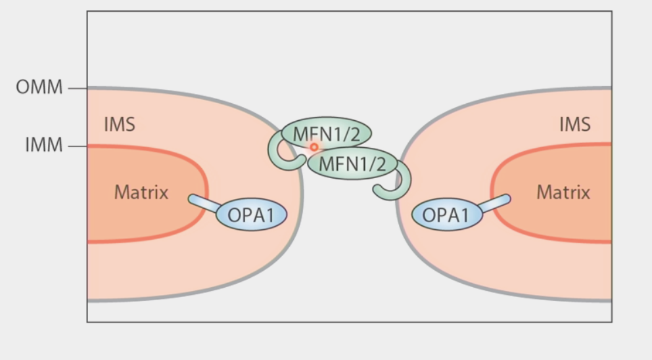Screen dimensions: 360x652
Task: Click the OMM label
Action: tap(39, 87)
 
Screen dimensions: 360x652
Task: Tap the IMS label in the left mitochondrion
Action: tap(120, 124)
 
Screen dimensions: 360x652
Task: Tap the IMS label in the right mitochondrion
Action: tap(574, 124)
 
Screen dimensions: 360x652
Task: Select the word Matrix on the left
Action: tap(141, 192)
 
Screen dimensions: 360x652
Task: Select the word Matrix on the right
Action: tap(563, 192)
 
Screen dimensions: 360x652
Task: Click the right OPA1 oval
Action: tap(448, 215)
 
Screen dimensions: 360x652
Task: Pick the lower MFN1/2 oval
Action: tap(352, 164)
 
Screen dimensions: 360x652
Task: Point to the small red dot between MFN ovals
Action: tap(314, 147)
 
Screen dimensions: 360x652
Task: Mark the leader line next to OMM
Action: tap(77, 87)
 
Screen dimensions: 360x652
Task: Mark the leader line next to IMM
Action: tap(77, 146)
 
